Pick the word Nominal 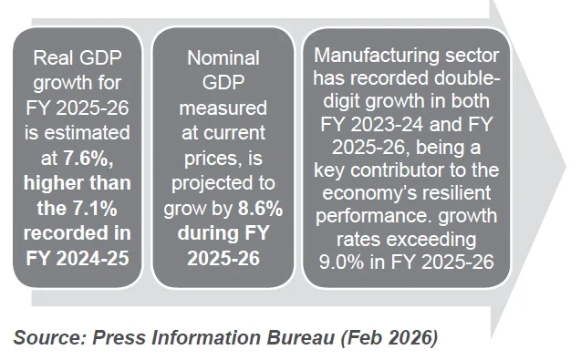tap(222, 59)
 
